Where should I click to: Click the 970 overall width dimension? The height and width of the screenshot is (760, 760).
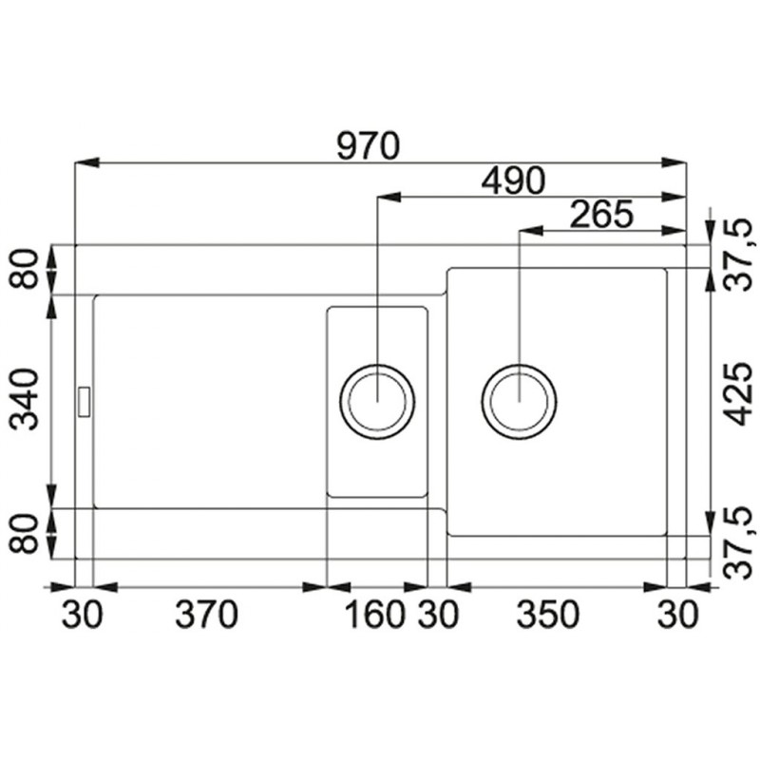(369, 146)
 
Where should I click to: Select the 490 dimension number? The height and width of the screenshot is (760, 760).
(513, 180)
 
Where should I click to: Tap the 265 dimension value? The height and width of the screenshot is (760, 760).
(601, 214)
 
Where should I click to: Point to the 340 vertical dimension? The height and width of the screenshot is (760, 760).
(25, 399)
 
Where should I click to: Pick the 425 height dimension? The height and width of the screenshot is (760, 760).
(737, 394)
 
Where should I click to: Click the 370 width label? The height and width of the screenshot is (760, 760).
(206, 614)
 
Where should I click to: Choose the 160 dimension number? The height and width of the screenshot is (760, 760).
(374, 614)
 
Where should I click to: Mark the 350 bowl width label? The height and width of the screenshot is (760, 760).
(548, 614)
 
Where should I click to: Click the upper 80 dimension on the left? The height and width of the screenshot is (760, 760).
(25, 269)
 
